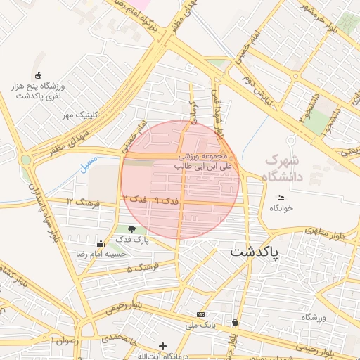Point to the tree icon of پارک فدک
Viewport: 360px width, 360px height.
pyautogui.click(x=132, y=229)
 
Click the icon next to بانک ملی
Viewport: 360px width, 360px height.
pyautogui.click(x=201, y=314)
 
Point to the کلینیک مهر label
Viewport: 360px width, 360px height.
pyautogui.click(x=79, y=114)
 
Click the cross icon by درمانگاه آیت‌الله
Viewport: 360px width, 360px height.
pyautogui.click(x=163, y=346)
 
